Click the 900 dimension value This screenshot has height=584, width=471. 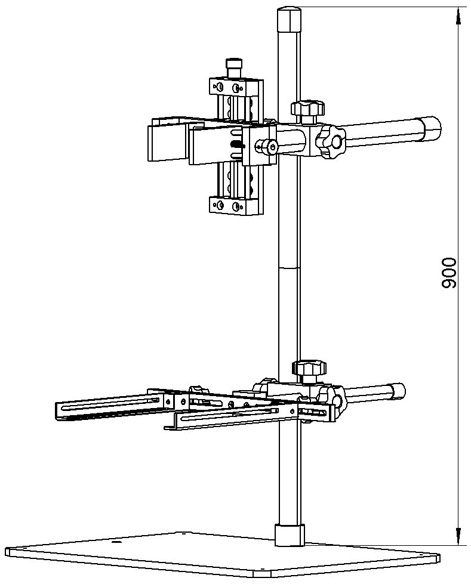tap(448, 273)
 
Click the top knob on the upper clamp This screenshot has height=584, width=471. tap(307, 108)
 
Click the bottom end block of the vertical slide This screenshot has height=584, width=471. tap(236, 205)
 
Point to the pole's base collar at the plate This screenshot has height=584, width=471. tap(290, 535)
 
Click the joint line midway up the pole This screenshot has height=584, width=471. tap(289, 268)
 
